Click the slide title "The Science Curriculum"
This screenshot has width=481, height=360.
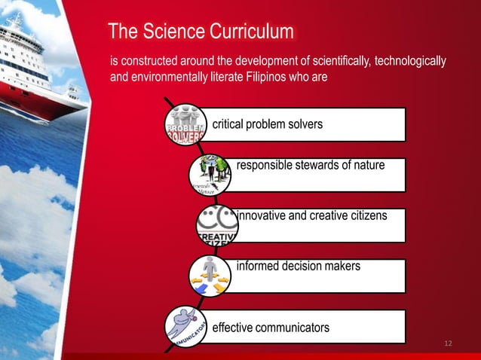201,32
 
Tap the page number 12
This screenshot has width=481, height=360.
448,344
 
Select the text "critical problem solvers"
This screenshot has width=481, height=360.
268,124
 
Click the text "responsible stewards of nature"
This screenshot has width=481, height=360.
311,165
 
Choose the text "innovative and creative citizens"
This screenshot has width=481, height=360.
312,216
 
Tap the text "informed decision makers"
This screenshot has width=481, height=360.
299,266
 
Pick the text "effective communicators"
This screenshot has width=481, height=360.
271,328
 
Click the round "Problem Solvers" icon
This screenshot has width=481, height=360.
184,124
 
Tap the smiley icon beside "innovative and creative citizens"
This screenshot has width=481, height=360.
217,225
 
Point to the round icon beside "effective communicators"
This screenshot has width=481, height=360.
185,326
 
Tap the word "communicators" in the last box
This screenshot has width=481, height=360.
292,328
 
